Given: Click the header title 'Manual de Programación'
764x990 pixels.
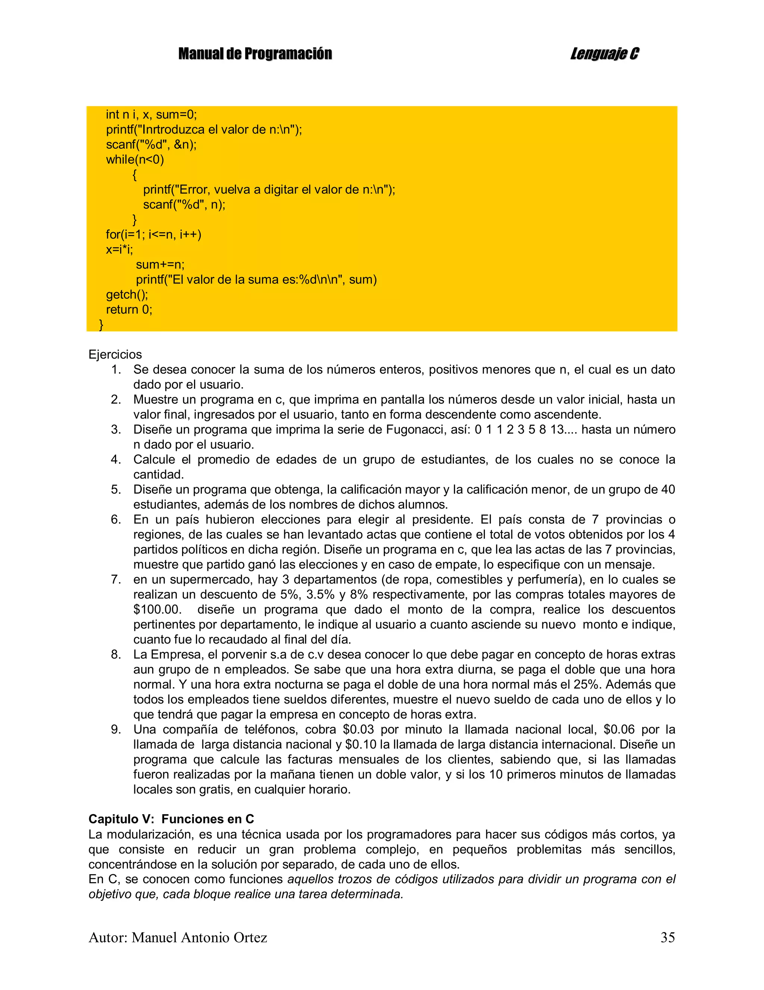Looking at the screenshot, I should [255, 54].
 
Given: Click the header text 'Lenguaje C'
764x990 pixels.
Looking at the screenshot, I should [604, 54].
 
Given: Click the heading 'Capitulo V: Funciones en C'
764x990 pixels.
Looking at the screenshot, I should [171, 819].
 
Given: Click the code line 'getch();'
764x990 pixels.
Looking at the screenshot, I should [127, 295].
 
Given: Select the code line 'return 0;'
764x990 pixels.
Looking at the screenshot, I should [129, 310].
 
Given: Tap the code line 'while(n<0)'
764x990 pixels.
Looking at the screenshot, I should [135, 159].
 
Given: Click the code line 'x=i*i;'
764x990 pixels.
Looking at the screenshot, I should [119, 249].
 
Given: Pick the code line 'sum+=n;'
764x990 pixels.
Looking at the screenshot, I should [160, 264].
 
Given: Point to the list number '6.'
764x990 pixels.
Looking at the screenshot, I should [116, 519].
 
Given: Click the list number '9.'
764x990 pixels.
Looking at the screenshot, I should [116, 729].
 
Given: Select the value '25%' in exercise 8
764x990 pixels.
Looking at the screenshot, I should [590, 685].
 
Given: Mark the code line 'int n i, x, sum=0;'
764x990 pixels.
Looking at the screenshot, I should [151, 115].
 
